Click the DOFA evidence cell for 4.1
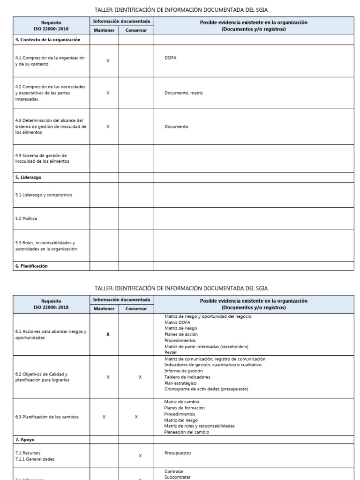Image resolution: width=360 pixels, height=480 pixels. (x=171, y=58)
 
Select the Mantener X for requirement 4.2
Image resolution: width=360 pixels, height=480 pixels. (x=108, y=93)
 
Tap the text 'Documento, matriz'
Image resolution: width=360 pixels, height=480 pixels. (x=184, y=93)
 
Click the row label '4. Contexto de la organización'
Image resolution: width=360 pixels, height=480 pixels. (x=48, y=40)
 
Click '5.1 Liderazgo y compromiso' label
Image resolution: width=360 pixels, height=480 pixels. (x=44, y=195)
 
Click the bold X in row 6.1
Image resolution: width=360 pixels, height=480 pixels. (x=108, y=334)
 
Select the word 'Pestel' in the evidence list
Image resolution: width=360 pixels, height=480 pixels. (x=171, y=352)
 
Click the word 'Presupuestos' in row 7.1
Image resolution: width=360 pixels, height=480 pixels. (x=178, y=453)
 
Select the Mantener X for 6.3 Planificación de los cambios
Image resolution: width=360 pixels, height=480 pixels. (x=104, y=417)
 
